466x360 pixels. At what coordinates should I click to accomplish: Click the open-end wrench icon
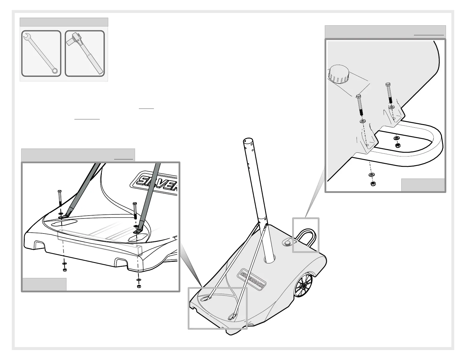[x=41, y=53]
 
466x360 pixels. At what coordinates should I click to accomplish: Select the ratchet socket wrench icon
[x=85, y=53]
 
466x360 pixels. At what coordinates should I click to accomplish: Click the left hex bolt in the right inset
[x=360, y=106]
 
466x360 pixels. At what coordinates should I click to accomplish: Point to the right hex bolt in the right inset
[x=389, y=93]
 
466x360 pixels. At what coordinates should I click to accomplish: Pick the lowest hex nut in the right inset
[x=372, y=184]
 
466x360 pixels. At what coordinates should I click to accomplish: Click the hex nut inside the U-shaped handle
[x=397, y=145]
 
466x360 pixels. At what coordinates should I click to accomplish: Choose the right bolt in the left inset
[x=135, y=210]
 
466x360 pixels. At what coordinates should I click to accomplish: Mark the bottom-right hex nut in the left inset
[x=139, y=286]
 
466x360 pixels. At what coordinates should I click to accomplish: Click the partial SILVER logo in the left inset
[x=156, y=183]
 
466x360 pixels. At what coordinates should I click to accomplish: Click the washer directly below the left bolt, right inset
[x=362, y=121]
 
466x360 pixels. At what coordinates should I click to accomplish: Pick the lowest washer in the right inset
[x=371, y=175]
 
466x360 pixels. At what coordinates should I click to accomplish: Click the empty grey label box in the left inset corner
[x=44, y=284]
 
